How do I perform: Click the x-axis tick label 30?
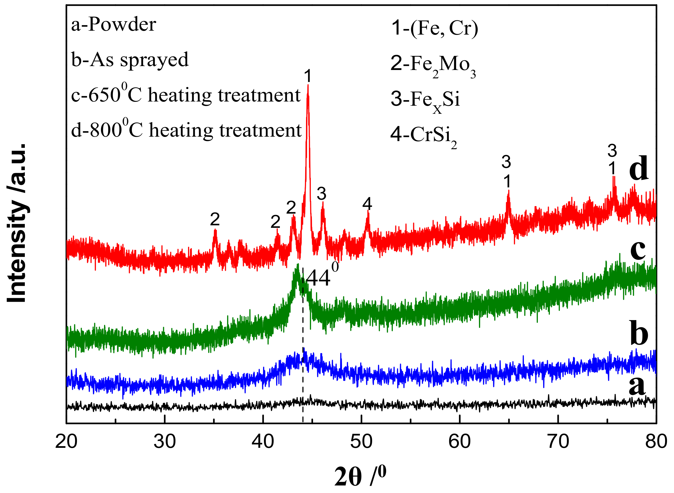165,442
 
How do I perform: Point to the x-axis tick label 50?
361,442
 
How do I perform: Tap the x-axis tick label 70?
558,442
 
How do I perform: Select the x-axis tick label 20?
66,442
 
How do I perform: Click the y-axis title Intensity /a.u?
17,223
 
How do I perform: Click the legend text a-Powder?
114,24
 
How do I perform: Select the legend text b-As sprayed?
130,60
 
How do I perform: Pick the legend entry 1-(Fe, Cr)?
435,28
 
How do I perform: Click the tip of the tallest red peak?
308,86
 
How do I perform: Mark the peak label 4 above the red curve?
367,204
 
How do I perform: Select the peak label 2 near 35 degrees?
215,219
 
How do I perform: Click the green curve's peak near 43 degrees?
297,265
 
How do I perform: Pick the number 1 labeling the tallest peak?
308,76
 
